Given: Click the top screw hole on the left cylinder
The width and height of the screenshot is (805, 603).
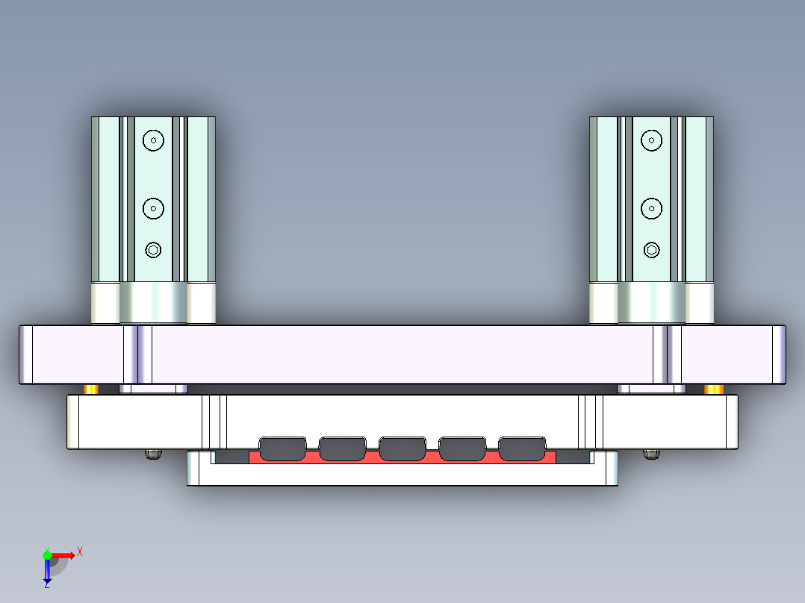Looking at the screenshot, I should point(153,140).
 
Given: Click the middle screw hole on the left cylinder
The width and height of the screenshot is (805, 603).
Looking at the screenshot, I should point(153,208).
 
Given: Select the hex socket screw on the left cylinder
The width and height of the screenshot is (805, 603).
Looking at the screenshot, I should point(153,250).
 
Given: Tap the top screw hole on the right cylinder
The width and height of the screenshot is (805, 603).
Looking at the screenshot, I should point(652,140).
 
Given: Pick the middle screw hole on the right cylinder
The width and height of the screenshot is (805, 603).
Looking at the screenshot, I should point(652,208).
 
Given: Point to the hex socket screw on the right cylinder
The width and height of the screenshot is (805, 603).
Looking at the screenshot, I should point(652,250).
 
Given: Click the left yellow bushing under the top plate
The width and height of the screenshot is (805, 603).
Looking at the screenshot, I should point(91,390).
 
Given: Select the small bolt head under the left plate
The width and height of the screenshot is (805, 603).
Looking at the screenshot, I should point(153,454).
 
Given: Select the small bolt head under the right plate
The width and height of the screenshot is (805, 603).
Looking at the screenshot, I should point(652,454).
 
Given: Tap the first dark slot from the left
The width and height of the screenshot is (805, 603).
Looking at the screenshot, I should point(282,448).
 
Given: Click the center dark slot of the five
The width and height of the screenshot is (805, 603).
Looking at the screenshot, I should point(402,448).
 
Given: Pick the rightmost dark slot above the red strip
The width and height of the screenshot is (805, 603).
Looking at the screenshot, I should point(522,448).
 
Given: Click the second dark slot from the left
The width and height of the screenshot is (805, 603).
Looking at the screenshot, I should point(342,448).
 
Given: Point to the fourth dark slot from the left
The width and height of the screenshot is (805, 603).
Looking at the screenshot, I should point(462,448).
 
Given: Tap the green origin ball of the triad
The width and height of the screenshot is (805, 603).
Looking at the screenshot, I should point(47,554).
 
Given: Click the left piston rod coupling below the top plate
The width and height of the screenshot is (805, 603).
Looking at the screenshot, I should point(153,389).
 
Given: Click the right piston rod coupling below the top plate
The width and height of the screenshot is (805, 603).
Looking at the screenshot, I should point(652,389).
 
